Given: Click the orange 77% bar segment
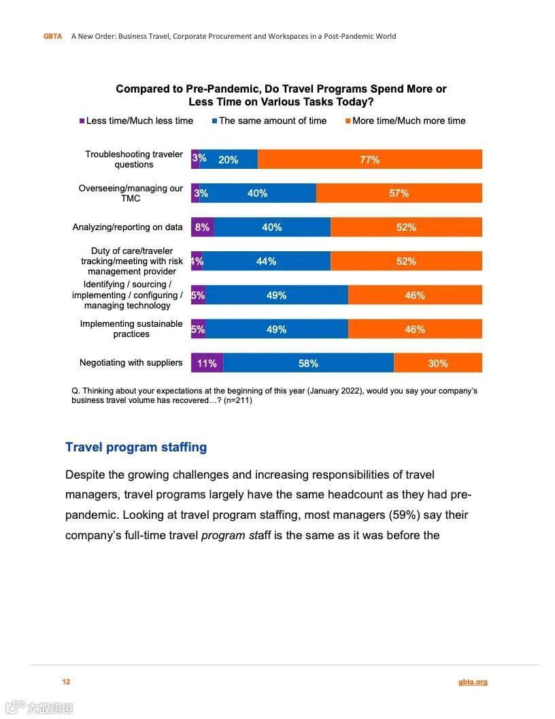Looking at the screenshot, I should pyautogui.click(x=370, y=159).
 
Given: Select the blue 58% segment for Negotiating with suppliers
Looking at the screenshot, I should pyautogui.click(x=308, y=363).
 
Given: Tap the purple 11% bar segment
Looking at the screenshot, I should pyautogui.click(x=207, y=363).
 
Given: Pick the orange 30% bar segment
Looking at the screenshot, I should pyautogui.click(x=438, y=363).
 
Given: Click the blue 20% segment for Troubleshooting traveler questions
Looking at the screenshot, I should pyautogui.click(x=229, y=159).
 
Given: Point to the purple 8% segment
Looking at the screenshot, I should pyautogui.click(x=202, y=227).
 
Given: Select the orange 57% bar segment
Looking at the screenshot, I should pyautogui.click(x=399, y=193).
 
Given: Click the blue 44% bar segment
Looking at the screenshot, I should pyautogui.click(x=266, y=261).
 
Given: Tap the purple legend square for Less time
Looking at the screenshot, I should pyautogui.click(x=82, y=121).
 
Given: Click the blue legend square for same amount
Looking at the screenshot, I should pyautogui.click(x=214, y=121).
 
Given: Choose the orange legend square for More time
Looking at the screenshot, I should pyautogui.click(x=348, y=121).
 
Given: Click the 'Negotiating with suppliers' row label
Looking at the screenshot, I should pyautogui.click(x=131, y=363).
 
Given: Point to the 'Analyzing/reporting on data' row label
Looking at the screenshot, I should pyautogui.click(x=128, y=227).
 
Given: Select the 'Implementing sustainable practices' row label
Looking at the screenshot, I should pyautogui.click(x=131, y=329).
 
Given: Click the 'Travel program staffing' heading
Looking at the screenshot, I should pyautogui.click(x=136, y=447).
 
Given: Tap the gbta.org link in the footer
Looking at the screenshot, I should pyautogui.click(x=473, y=682).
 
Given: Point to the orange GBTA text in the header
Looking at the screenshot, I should pyautogui.click(x=52, y=36).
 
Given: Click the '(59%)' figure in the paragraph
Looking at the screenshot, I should pyautogui.click(x=404, y=515).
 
